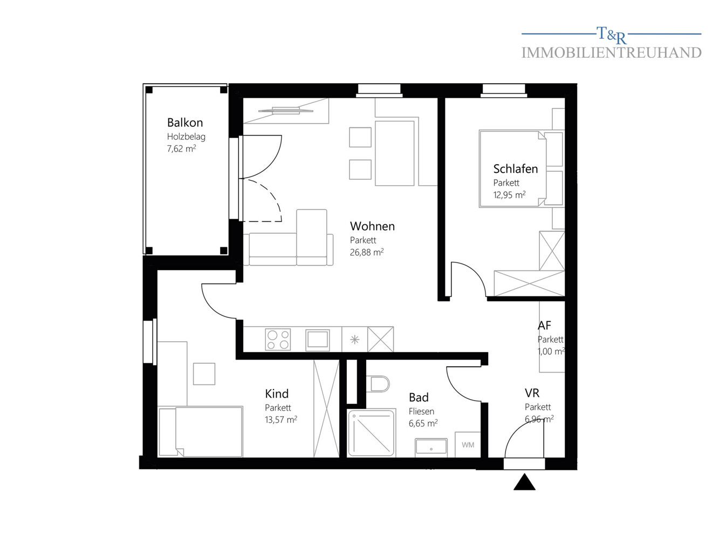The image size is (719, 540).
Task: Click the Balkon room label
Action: pos(185,123)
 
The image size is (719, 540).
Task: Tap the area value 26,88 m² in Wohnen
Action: pos(367,252)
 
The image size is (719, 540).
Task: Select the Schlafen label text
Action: pos(515,169)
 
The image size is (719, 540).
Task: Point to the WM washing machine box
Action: pos(468,444)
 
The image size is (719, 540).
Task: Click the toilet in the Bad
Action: pos(378,384)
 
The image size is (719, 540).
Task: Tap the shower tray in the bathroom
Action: pos(371,433)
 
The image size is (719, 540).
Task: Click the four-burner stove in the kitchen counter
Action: pos(278,339)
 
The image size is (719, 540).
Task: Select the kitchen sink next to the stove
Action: pos(317,340)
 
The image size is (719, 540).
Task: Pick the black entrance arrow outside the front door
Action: pos(524,482)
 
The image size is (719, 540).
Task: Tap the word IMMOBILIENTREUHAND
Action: pos(611,53)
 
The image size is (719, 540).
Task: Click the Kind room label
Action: pos(277,394)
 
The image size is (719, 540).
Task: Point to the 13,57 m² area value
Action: pos(281,420)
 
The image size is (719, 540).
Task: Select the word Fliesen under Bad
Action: pos(421,411)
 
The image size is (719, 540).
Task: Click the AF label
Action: pos(544,325)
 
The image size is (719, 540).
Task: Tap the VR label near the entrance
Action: pos(532,393)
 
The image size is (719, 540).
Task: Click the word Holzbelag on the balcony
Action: pos(186,137)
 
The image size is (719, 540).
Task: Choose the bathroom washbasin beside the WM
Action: pos(431,448)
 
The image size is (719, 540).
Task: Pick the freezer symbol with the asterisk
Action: pos(354,340)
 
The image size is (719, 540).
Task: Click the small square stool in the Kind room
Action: pos(204,374)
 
